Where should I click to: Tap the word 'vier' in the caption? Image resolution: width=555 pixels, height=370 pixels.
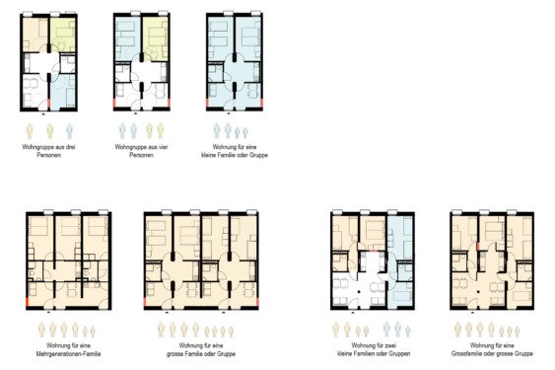(x=164, y=147)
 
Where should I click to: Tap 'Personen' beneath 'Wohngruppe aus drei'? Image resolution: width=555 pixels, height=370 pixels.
(x=49, y=155)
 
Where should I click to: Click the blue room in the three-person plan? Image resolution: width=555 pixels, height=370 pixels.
(x=64, y=91)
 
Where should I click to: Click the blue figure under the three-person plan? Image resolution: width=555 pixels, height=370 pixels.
(x=70, y=131)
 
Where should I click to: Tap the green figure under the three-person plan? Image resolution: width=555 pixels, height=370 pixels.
(x=50, y=131)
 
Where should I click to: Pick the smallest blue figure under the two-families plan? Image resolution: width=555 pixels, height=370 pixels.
(x=408, y=332)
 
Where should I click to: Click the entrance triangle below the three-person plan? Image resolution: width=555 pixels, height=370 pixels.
(x=43, y=114)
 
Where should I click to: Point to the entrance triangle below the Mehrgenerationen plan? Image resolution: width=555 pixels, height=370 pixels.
(x=48, y=313)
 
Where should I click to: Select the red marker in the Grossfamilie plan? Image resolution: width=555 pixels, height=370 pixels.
(x=478, y=246)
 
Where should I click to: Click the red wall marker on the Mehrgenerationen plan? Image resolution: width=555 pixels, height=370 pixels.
(x=28, y=303)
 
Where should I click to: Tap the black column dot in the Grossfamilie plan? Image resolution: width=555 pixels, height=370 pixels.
(x=478, y=292)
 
